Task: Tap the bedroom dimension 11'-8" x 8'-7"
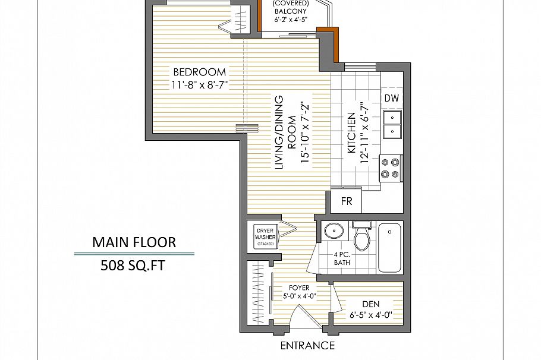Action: [x=200, y=84]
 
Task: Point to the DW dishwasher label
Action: [x=391, y=98]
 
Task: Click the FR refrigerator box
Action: [x=347, y=201]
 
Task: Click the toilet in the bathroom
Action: [x=361, y=236]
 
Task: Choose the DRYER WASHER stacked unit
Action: [x=265, y=236]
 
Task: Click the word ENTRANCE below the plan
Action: [x=307, y=346]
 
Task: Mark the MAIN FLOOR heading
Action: [x=134, y=242]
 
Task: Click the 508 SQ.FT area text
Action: [x=134, y=265]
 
